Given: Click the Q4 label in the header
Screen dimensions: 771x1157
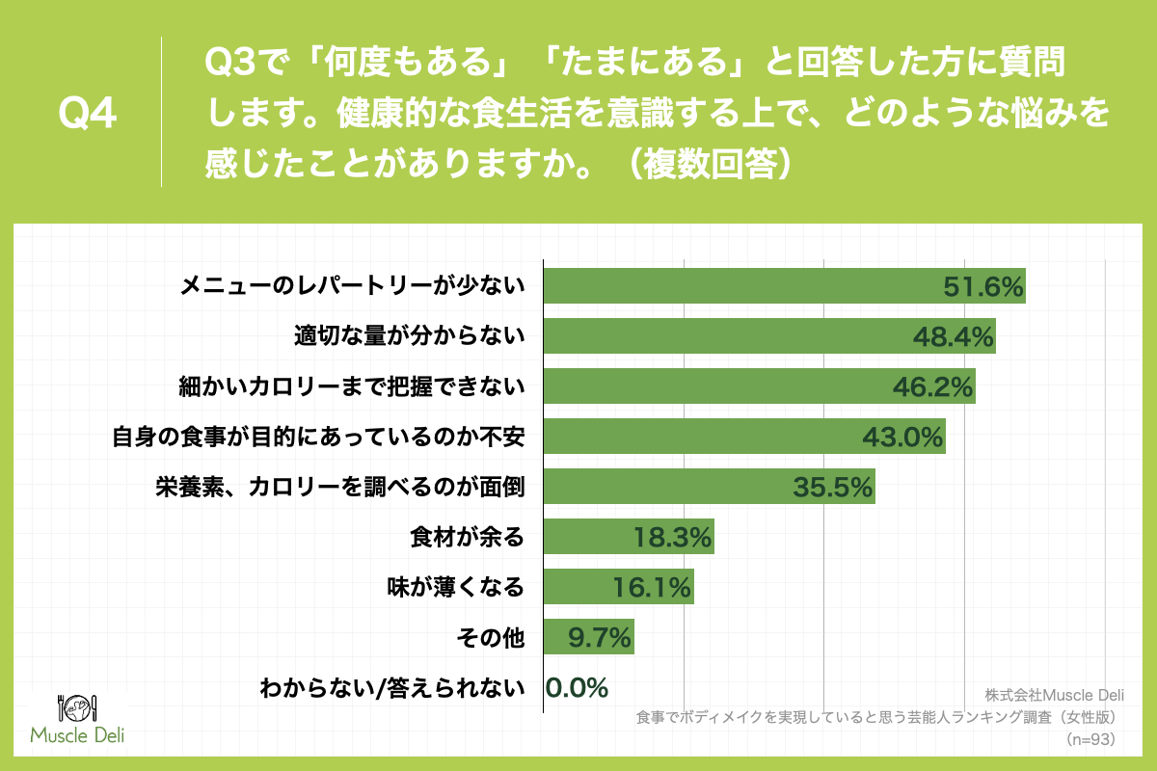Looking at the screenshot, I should click(x=88, y=113).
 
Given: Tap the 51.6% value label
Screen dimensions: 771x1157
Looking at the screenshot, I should click(x=981, y=286).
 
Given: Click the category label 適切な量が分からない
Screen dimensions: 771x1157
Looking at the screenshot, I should click(x=409, y=335).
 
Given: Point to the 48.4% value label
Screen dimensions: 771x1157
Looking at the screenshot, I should click(x=952, y=336).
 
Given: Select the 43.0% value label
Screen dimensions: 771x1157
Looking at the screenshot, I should click(x=901, y=437).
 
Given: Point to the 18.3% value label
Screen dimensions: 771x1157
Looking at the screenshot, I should click(x=672, y=537).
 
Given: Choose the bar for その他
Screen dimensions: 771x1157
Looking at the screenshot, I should click(x=569, y=637).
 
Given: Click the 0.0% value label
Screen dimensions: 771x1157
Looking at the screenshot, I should click(x=577, y=687).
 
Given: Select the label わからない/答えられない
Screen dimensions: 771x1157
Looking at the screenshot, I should click(x=392, y=687).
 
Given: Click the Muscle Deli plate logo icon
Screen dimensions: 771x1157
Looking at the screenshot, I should click(x=77, y=707).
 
